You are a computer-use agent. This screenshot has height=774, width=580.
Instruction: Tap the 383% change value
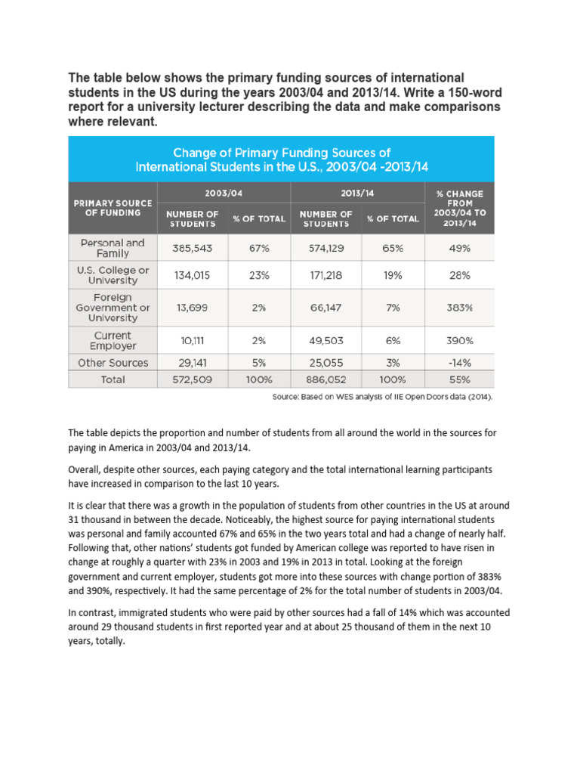(x=459, y=308)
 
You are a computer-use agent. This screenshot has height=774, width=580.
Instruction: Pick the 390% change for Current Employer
(x=459, y=341)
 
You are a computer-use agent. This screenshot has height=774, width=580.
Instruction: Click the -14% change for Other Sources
(x=459, y=363)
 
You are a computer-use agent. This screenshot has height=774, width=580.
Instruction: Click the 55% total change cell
(x=459, y=379)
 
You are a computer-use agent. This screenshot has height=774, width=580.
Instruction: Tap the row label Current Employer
(x=113, y=341)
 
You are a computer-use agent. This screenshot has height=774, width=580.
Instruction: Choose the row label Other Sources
(x=113, y=363)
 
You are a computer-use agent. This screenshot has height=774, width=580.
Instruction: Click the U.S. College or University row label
(x=113, y=275)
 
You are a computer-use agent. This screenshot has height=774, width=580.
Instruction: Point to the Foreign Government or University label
(x=113, y=308)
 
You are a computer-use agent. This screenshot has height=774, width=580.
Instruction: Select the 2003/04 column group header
(x=224, y=193)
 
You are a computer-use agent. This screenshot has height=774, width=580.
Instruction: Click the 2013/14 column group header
(x=359, y=193)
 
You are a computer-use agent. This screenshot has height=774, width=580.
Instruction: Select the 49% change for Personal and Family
(x=459, y=249)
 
